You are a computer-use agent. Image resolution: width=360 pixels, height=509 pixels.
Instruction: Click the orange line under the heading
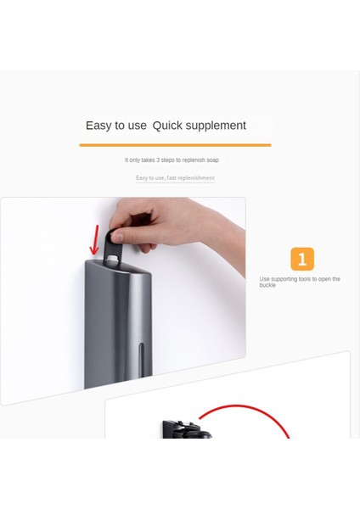175,145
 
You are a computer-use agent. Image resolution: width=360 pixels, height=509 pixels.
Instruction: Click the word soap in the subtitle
212,159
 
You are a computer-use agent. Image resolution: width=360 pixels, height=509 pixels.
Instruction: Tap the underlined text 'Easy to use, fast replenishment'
175,178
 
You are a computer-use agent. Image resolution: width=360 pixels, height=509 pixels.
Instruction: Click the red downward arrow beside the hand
94,239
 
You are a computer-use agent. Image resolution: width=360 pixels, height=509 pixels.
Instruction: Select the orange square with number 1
302,259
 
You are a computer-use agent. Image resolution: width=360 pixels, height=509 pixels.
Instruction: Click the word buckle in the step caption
268,285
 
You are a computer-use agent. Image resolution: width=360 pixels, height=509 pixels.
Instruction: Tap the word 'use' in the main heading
137,126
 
